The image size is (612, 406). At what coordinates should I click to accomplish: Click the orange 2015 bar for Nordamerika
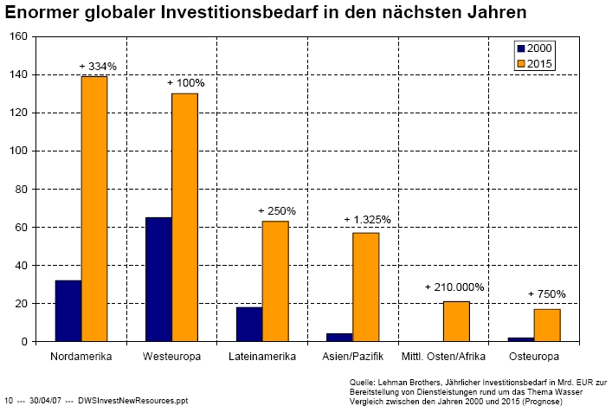coord(94,209)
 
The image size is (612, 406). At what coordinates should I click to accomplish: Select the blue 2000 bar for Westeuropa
coord(158,280)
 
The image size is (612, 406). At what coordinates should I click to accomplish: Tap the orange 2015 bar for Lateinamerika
coord(275,281)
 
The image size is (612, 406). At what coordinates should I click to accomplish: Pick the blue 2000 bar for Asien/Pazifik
coord(339,338)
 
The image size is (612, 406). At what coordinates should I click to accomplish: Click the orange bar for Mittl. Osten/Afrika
coord(456,321)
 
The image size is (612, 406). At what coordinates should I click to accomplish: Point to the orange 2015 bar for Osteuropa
coord(547,325)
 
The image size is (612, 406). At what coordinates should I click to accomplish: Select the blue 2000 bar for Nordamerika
coord(68,311)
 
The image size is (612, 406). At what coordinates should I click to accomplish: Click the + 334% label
coord(99,66)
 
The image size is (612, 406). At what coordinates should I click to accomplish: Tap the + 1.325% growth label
coord(367,220)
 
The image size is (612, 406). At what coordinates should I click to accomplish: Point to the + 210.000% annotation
coord(454,287)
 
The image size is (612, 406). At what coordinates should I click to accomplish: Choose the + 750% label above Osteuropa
coord(546,294)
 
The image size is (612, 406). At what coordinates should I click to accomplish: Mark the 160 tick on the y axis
coord(18,36)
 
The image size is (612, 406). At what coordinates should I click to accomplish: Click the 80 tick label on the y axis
coord(21,189)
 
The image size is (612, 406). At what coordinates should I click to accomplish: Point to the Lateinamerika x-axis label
coord(262,356)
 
